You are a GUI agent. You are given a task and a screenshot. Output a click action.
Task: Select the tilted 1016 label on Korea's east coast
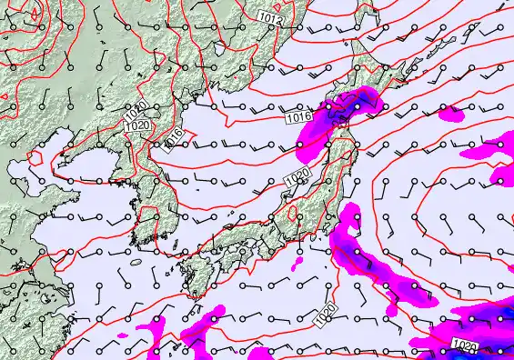(173, 138)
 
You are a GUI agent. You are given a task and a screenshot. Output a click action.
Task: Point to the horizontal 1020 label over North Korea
(138, 125)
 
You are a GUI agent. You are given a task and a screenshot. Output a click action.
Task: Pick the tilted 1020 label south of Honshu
(327, 315)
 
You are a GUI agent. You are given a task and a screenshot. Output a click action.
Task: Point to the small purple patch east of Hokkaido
(450, 114)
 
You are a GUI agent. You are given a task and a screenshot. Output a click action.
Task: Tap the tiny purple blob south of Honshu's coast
(297, 265)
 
